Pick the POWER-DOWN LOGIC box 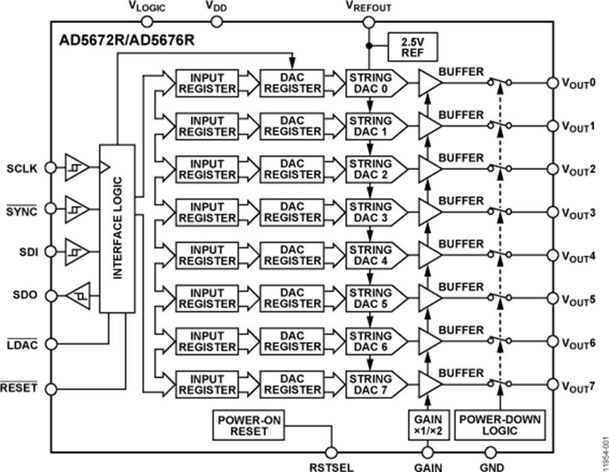coord(500,425)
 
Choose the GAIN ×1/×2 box coord(427,425)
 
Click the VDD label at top coord(217,7)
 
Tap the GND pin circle coord(492,452)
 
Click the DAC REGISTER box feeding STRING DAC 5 coord(292,298)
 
